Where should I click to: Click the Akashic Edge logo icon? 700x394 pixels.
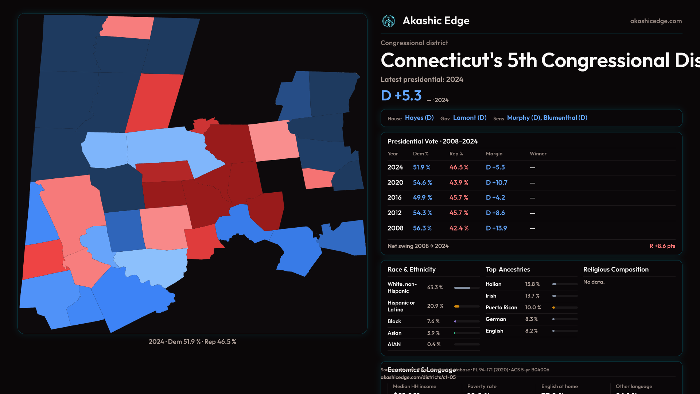(389, 21)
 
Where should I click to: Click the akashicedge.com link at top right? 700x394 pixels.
(656, 21)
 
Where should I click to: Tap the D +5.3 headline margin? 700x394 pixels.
(401, 96)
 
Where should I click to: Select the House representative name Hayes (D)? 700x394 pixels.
(419, 118)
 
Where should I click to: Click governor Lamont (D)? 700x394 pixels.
(470, 118)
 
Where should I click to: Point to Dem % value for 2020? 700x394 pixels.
(422, 182)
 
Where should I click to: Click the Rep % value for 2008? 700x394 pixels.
(459, 228)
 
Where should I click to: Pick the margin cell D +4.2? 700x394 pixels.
(495, 197)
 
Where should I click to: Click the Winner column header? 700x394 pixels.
(538, 154)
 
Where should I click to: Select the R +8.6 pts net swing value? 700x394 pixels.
(662, 246)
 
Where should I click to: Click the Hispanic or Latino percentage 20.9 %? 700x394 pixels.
(435, 306)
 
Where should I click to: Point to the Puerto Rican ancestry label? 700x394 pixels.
(501, 308)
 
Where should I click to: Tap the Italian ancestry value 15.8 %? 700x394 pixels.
(532, 284)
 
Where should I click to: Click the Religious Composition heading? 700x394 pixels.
(616, 270)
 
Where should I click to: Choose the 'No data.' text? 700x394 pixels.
(594, 282)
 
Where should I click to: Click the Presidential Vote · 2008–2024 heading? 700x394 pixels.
(432, 141)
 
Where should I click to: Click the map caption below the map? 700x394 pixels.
(192, 342)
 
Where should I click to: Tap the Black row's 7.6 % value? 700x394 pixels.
(433, 321)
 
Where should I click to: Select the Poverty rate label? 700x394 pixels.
(482, 386)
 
